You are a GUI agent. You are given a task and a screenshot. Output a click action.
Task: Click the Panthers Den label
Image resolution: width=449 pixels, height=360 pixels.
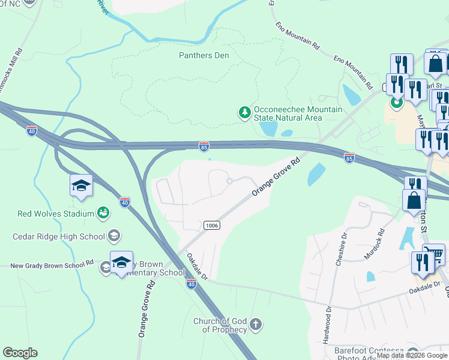[x=204, y=55]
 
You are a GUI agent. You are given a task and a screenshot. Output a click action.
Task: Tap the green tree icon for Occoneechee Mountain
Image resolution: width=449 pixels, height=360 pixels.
[x=244, y=113]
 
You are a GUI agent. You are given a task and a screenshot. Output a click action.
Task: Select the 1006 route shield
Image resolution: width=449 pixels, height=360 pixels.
[x=211, y=225]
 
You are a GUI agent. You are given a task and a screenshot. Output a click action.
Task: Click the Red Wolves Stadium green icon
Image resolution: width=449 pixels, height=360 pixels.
[x=104, y=212]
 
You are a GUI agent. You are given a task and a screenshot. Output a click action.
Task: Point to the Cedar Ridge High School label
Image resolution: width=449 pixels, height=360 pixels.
[x=59, y=236]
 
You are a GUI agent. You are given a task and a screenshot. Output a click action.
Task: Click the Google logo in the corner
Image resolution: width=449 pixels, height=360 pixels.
[x=20, y=353]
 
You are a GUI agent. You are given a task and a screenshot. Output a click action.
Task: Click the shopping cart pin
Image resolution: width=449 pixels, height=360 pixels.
[x=434, y=255]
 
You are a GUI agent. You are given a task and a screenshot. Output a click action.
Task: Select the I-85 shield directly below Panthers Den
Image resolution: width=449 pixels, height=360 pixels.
[x=204, y=145]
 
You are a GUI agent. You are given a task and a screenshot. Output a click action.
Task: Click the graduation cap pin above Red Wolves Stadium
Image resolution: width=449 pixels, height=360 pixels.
[x=81, y=185]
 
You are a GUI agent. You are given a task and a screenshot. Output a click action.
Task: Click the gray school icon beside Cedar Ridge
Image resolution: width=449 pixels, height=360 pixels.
[x=113, y=236]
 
